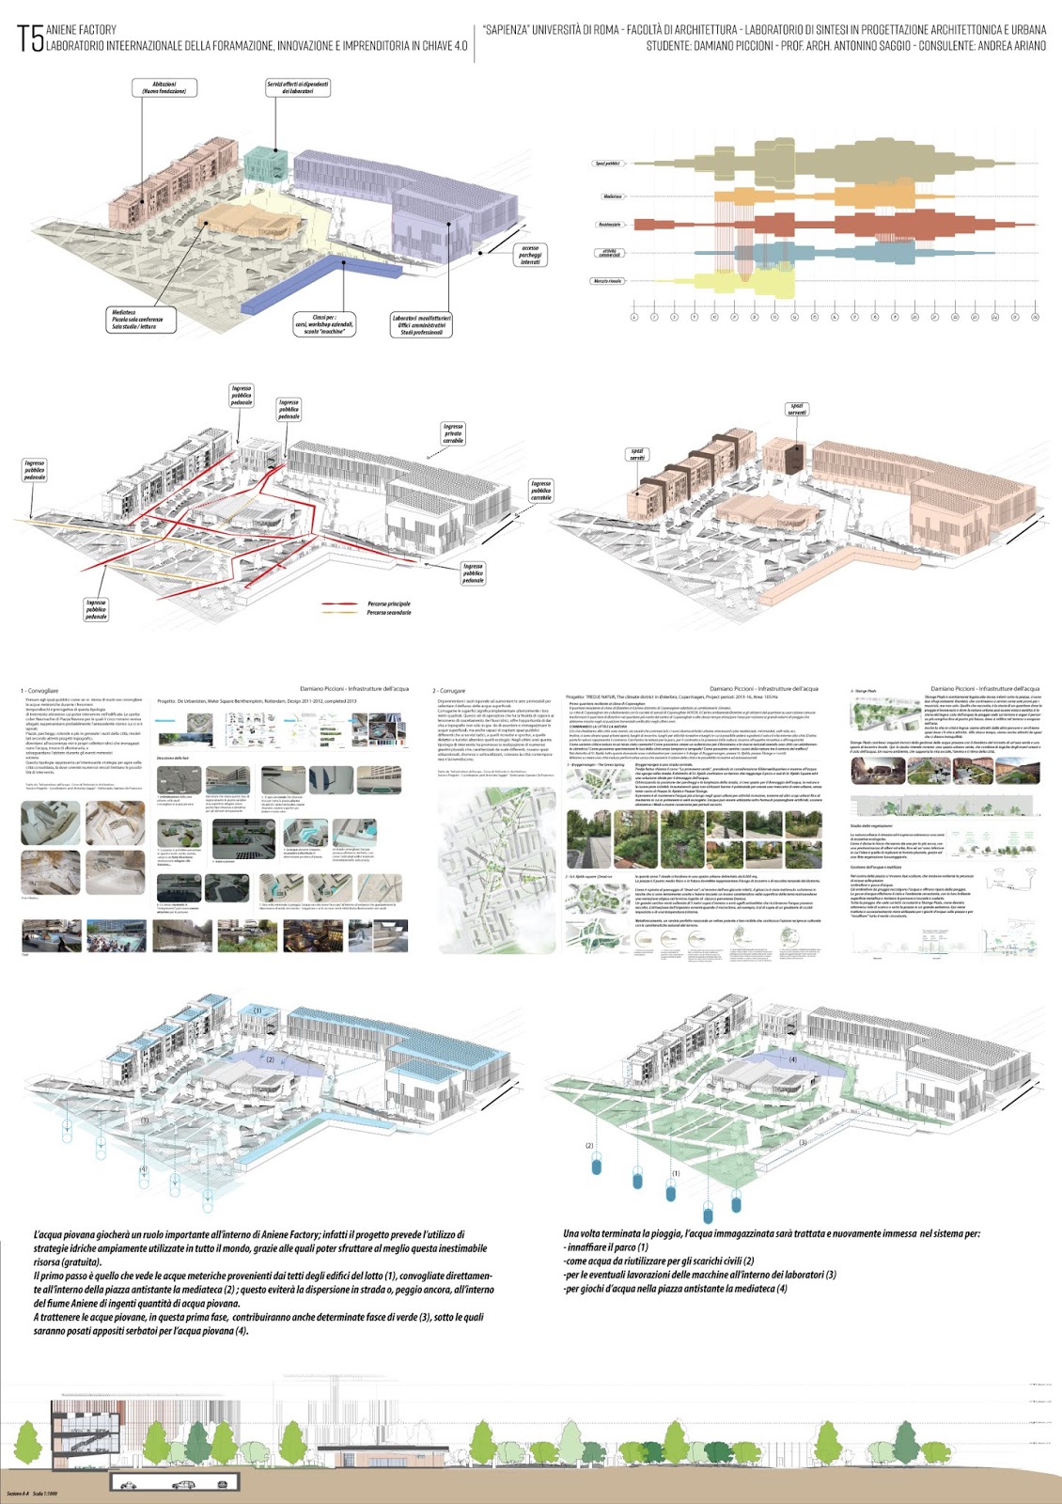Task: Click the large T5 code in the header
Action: coord(30,39)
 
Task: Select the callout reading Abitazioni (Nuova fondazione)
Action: coord(164,87)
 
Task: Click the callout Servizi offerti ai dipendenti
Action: coord(298,87)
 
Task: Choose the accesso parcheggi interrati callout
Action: coord(530,255)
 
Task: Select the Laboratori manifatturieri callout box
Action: coord(421,325)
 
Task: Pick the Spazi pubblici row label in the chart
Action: coord(607,164)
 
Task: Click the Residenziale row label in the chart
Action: coord(609,225)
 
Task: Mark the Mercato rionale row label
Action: coord(607,281)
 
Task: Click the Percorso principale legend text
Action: coord(388,603)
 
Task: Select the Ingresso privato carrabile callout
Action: coord(453,433)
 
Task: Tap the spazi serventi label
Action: coord(797,409)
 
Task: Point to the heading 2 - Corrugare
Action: coord(448,690)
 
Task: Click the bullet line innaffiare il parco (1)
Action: coord(607,1247)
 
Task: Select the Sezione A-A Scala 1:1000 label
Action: coord(32,1494)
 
